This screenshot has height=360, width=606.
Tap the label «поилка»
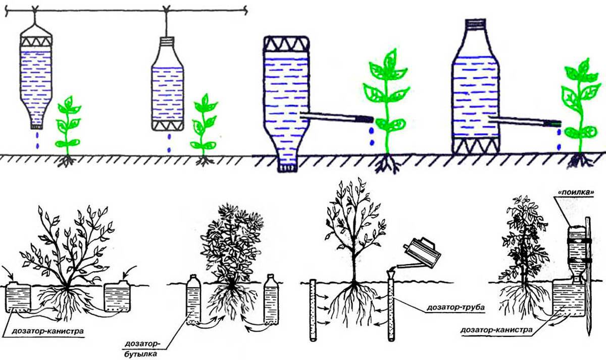point(574,192)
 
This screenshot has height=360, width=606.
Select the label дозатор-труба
point(457,307)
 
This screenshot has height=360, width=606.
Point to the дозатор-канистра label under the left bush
point(48,331)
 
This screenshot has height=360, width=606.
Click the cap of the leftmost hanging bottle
point(37,126)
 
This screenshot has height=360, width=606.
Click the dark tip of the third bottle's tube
point(365,118)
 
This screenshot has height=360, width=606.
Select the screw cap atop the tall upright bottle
point(476,24)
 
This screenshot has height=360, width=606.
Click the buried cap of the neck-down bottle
point(287,168)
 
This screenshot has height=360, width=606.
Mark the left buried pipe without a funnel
point(313,310)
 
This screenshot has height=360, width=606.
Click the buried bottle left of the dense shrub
point(193,299)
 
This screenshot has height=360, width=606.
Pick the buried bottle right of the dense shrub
point(271,299)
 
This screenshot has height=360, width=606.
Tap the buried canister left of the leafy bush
point(18,297)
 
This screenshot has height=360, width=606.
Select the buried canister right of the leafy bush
point(117,297)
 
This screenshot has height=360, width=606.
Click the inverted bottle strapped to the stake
point(577,259)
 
